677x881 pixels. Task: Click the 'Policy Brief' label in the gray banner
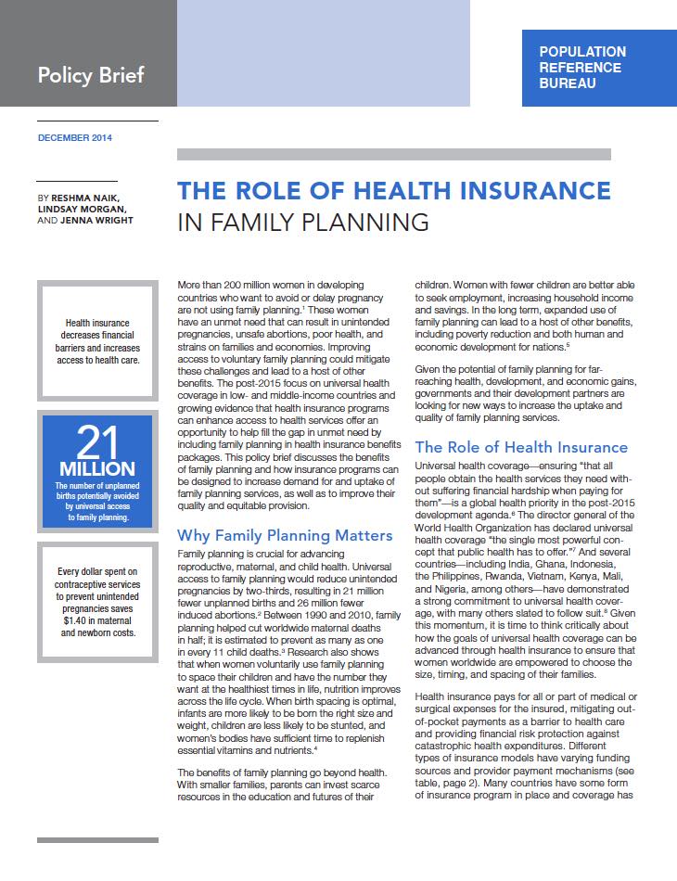click(x=91, y=75)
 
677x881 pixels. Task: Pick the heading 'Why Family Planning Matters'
click(x=272, y=536)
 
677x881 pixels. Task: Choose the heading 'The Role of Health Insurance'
click(x=521, y=447)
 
